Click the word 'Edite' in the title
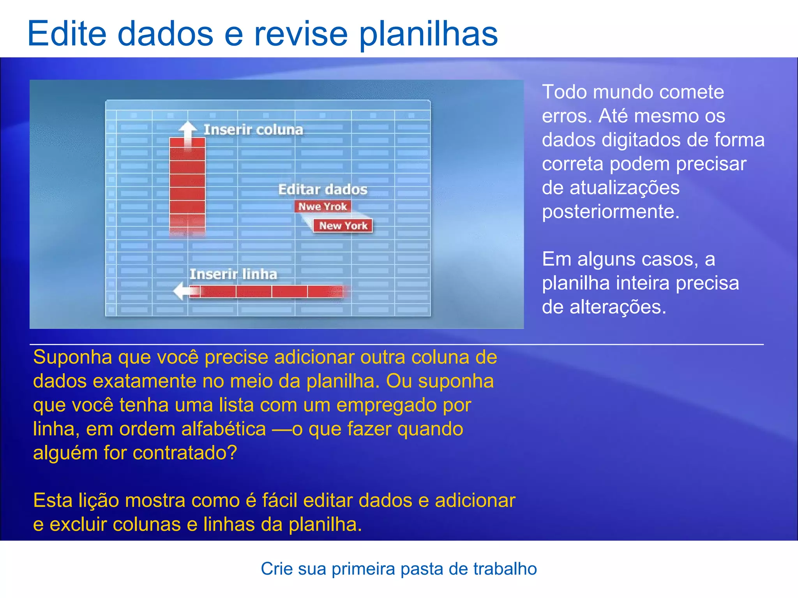point(67,33)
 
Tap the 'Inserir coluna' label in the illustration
point(253,130)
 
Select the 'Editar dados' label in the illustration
point(323,190)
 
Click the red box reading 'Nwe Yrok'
point(323,206)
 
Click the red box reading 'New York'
point(343,226)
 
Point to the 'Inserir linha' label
point(233,274)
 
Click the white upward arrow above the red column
point(188,131)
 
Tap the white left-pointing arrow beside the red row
point(182,291)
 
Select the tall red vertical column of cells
point(187,187)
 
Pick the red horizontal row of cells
point(269,291)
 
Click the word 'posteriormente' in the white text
point(610,212)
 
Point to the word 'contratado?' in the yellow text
point(185,453)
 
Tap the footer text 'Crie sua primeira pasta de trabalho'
point(399,569)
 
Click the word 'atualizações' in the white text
point(625,188)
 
